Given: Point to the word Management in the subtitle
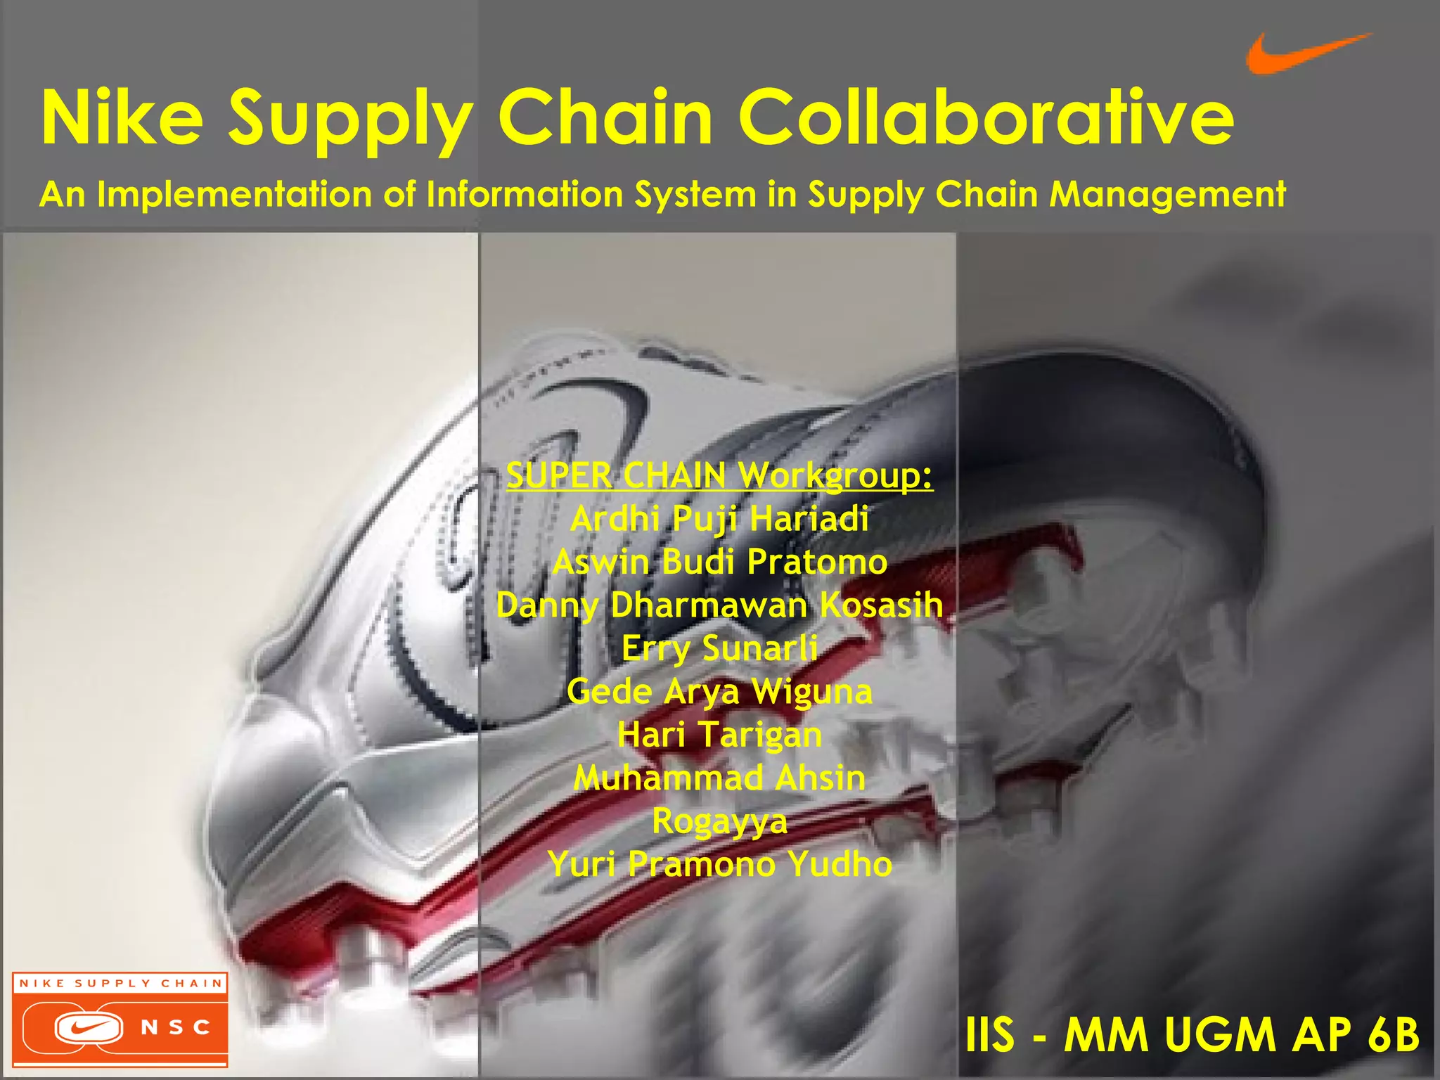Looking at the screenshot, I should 1167,195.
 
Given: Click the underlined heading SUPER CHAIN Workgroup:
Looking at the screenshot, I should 719,476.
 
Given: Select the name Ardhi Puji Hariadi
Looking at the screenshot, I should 719,520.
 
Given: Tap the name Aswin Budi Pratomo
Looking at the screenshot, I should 719,562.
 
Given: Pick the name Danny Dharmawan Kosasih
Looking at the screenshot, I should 719,605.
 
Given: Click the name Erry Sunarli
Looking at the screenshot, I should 719,648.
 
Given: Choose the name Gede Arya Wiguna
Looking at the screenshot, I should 719,692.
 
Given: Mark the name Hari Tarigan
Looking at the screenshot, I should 719,735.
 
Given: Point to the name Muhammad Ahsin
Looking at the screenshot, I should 719,778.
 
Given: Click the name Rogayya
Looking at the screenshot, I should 719,821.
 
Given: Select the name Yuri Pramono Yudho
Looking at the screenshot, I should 719,864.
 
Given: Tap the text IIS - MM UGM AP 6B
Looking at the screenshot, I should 1192,1035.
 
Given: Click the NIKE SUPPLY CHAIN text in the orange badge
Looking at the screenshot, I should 120,983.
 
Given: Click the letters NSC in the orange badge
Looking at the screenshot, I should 176,1028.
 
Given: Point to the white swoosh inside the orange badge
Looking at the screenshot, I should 89,1029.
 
